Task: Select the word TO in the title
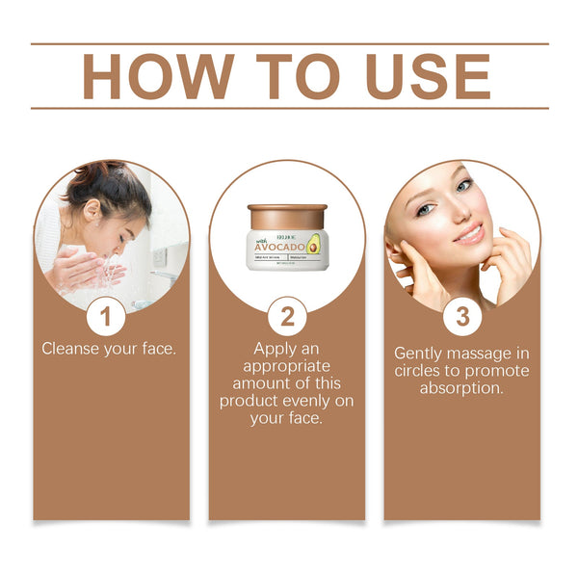point(286,75)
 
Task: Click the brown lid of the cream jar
point(287,216)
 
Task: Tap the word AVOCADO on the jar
point(279,246)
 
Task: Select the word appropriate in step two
point(287,366)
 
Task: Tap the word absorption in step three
point(462,388)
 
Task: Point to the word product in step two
point(250,401)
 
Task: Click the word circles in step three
point(420,371)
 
